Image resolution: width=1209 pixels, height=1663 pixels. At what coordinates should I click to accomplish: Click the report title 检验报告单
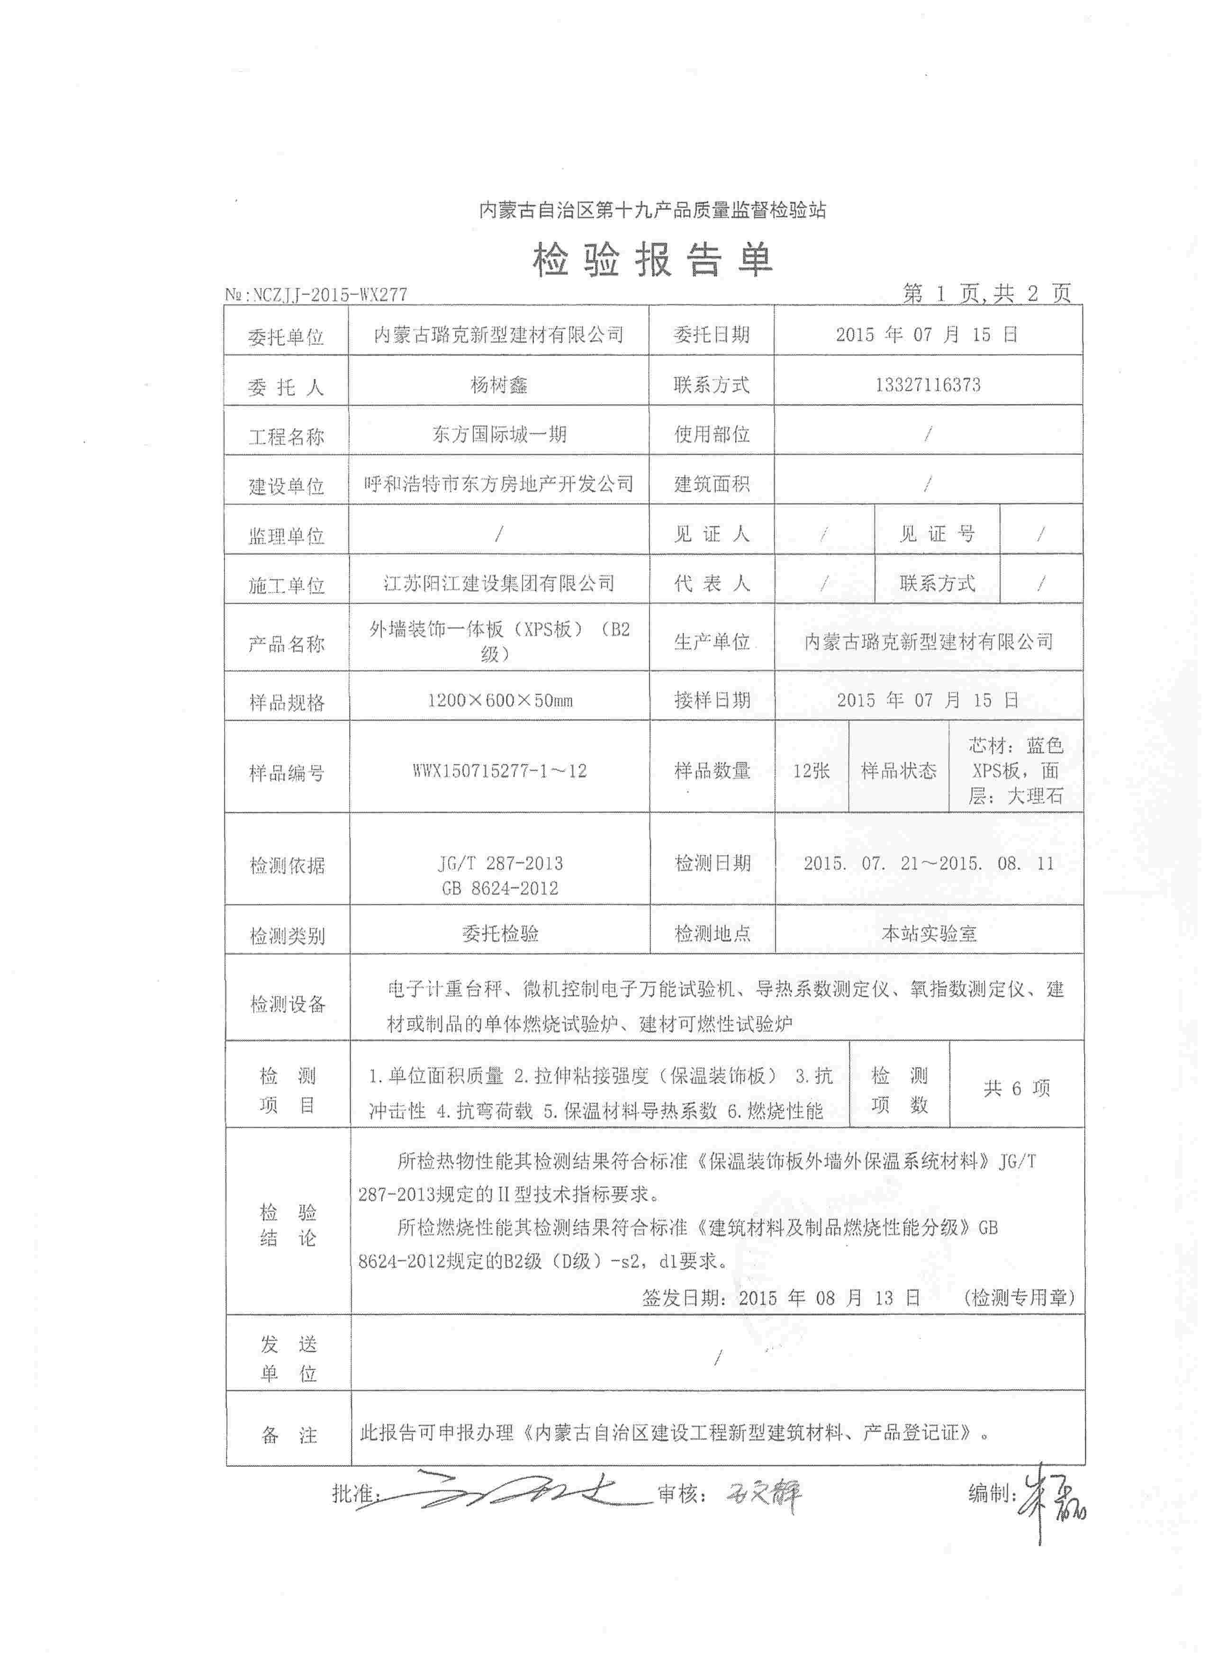pyautogui.click(x=652, y=260)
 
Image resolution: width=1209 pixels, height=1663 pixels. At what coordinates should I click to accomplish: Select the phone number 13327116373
pyautogui.click(x=928, y=385)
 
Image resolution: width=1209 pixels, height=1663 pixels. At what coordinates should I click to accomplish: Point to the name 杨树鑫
pyautogui.click(x=498, y=385)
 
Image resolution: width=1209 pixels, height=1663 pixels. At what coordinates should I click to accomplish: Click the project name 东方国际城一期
pyautogui.click(x=498, y=434)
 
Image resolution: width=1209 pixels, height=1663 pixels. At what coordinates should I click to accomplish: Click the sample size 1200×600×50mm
pyautogui.click(x=500, y=700)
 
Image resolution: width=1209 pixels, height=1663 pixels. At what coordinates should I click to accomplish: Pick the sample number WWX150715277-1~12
pyautogui.click(x=499, y=771)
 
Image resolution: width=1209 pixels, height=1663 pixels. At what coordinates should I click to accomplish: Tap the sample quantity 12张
pyautogui.click(x=811, y=771)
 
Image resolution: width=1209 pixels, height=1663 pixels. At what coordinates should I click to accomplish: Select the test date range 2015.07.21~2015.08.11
pyautogui.click(x=928, y=863)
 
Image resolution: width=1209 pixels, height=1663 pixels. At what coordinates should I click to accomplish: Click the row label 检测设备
pyautogui.click(x=288, y=1004)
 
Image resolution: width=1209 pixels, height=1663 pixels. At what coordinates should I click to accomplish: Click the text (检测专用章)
pyautogui.click(x=1019, y=1298)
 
